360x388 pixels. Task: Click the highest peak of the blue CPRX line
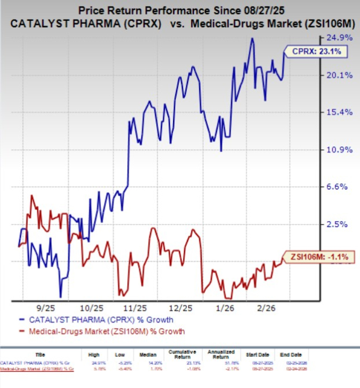(x=251, y=39)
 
